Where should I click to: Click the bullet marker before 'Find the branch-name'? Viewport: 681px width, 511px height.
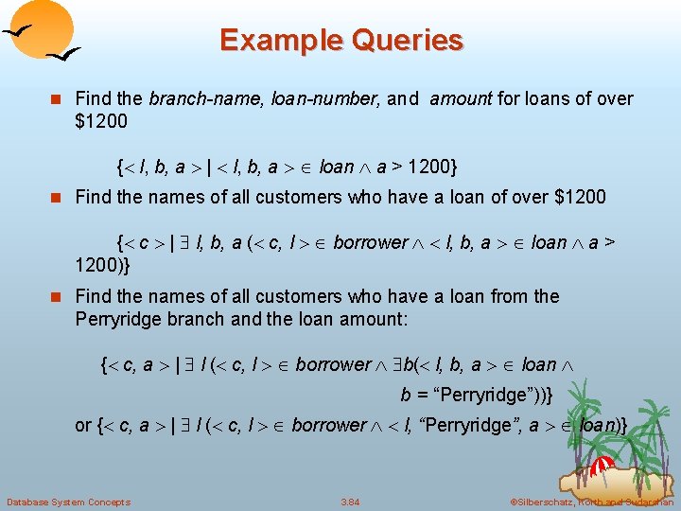[58, 98]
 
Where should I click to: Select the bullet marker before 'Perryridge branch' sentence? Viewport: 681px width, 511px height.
[58, 296]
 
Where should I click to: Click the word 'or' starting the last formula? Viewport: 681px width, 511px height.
[83, 426]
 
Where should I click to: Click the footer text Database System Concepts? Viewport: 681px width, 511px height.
[68, 501]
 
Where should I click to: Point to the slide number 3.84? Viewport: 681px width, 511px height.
[350, 501]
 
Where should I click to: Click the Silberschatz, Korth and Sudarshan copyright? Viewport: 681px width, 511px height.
[590, 501]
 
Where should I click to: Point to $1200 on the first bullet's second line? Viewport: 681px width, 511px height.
[100, 121]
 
